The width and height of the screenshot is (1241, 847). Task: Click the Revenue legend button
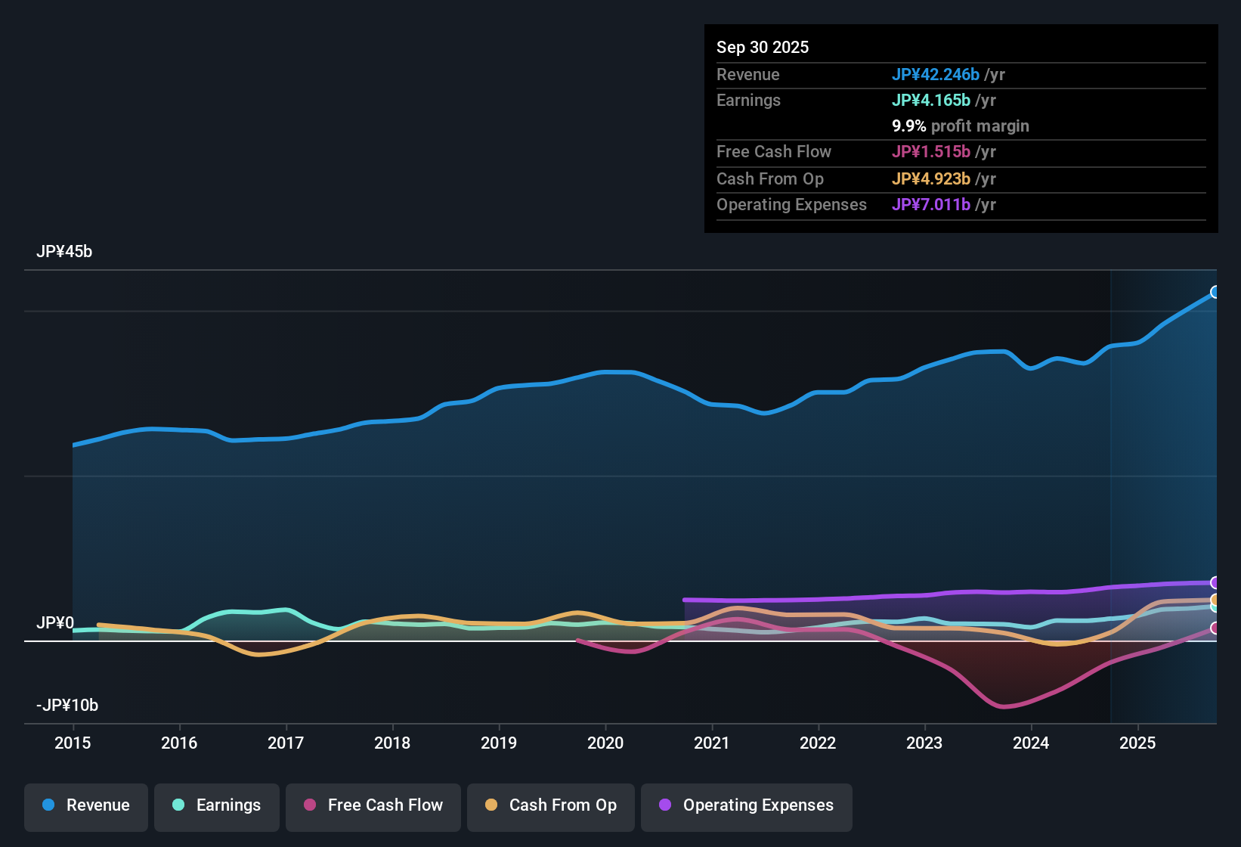86,805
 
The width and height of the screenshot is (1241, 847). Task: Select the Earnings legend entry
217,805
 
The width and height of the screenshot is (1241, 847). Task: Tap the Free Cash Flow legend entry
373,805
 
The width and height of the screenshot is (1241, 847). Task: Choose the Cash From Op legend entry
551,805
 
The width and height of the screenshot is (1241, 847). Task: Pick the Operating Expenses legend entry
747,805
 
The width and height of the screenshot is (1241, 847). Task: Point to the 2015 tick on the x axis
73,743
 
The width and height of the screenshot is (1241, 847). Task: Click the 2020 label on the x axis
605,743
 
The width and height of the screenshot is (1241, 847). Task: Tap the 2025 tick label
1137,743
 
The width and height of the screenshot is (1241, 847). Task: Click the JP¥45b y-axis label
64,252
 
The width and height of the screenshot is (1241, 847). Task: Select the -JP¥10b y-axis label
67,706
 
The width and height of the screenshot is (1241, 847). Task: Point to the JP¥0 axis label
55,623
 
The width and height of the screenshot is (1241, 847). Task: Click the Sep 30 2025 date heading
763,48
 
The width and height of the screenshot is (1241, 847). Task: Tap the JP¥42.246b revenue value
936,75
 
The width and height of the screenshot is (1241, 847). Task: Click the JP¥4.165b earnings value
931,101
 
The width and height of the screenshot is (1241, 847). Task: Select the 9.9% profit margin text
961,126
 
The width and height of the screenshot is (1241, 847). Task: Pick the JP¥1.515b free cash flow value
931,152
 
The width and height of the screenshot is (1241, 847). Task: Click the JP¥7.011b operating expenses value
931,205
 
